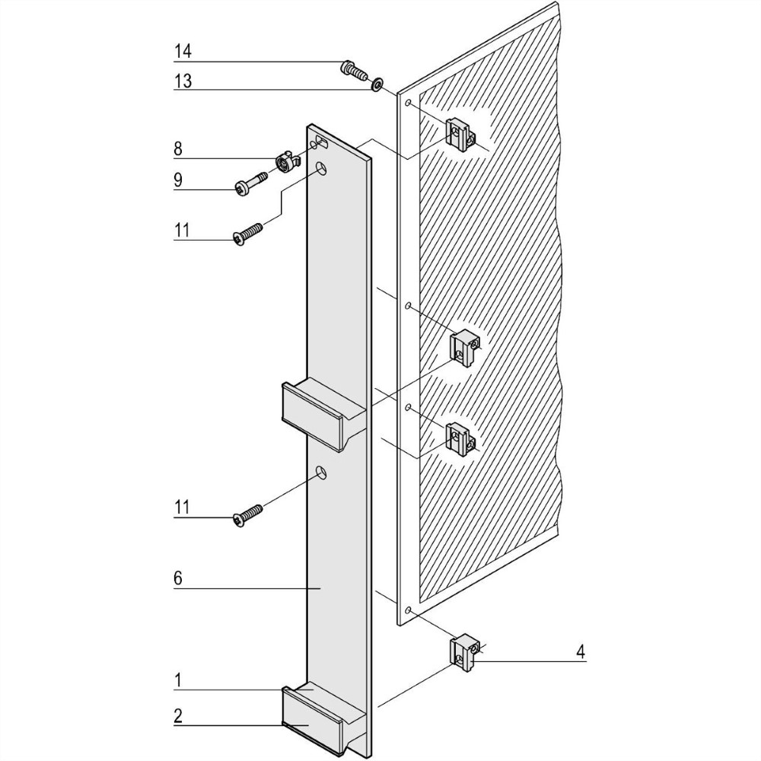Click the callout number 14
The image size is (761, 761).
click(x=182, y=51)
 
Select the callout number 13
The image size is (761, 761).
click(x=182, y=80)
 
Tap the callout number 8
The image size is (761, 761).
click(x=178, y=148)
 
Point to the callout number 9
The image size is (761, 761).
click(x=178, y=180)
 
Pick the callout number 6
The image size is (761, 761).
click(x=178, y=578)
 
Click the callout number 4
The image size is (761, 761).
click(x=581, y=651)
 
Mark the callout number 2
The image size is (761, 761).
click(x=178, y=715)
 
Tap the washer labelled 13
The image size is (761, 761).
click(x=376, y=84)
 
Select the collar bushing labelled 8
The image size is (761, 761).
click(x=284, y=164)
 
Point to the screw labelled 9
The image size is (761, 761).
click(x=249, y=184)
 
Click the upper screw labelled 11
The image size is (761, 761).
click(x=247, y=232)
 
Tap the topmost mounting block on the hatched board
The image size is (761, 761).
click(x=460, y=135)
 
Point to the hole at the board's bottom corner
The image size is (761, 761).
click(x=409, y=611)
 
